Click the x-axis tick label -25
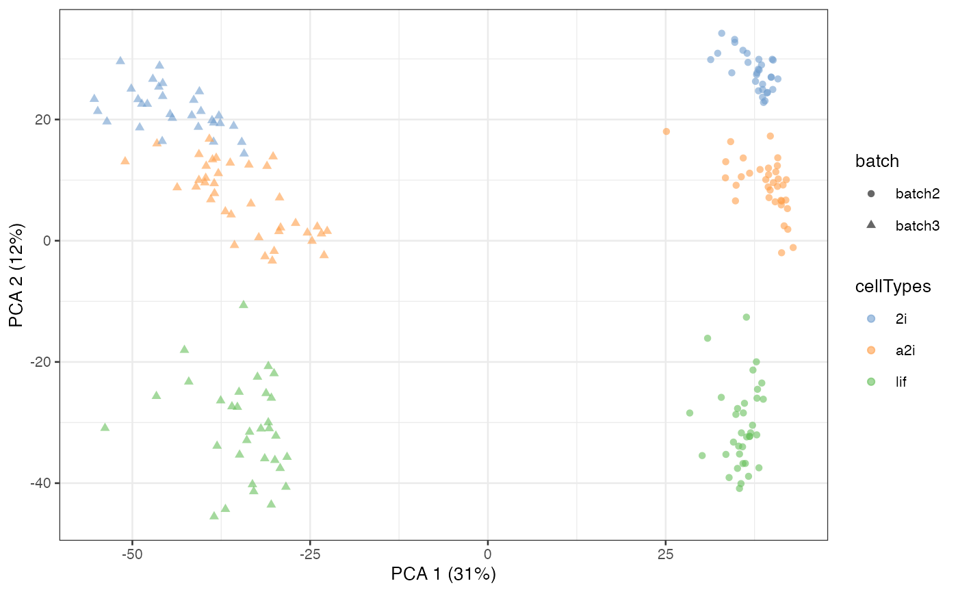click(309, 554)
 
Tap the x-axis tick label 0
click(488, 554)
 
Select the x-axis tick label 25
click(665, 554)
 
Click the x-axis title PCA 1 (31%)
click(443, 574)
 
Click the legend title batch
click(877, 162)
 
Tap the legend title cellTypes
click(893, 287)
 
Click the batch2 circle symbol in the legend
click(871, 194)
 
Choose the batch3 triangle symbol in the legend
click(871, 224)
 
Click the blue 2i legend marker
click(871, 318)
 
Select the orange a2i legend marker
click(871, 350)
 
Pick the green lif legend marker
click(871, 381)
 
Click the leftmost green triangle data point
click(105, 427)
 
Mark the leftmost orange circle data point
click(666, 131)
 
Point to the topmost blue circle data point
click(721, 33)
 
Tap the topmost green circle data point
click(747, 317)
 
